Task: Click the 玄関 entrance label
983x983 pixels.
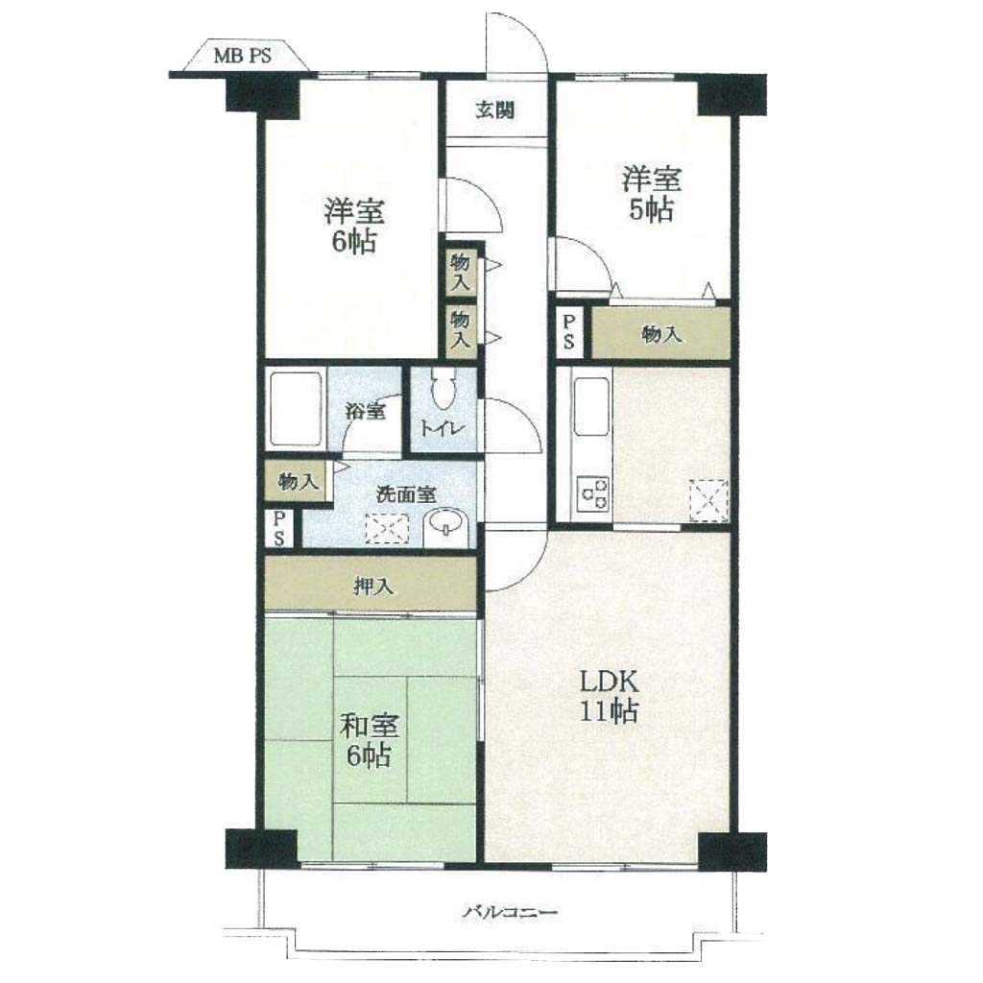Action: click(x=495, y=110)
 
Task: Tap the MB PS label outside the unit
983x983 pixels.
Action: click(x=243, y=56)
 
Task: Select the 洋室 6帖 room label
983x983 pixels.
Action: click(x=354, y=227)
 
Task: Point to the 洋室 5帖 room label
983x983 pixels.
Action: click(x=652, y=194)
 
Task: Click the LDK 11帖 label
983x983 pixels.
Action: click(x=609, y=696)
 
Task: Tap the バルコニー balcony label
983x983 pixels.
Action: click(x=509, y=912)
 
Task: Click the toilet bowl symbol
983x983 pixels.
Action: click(x=444, y=388)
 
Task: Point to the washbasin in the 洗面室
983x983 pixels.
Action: click(x=445, y=522)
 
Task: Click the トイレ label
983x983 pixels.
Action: click(x=442, y=429)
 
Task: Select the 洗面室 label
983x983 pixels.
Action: click(x=406, y=494)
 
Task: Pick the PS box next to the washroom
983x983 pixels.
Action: click(x=279, y=528)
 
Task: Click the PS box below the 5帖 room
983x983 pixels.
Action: click(x=568, y=332)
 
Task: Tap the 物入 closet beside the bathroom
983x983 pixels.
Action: click(x=298, y=482)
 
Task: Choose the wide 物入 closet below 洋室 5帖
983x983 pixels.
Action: click(x=661, y=333)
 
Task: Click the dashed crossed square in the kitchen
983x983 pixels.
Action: click(x=708, y=499)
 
